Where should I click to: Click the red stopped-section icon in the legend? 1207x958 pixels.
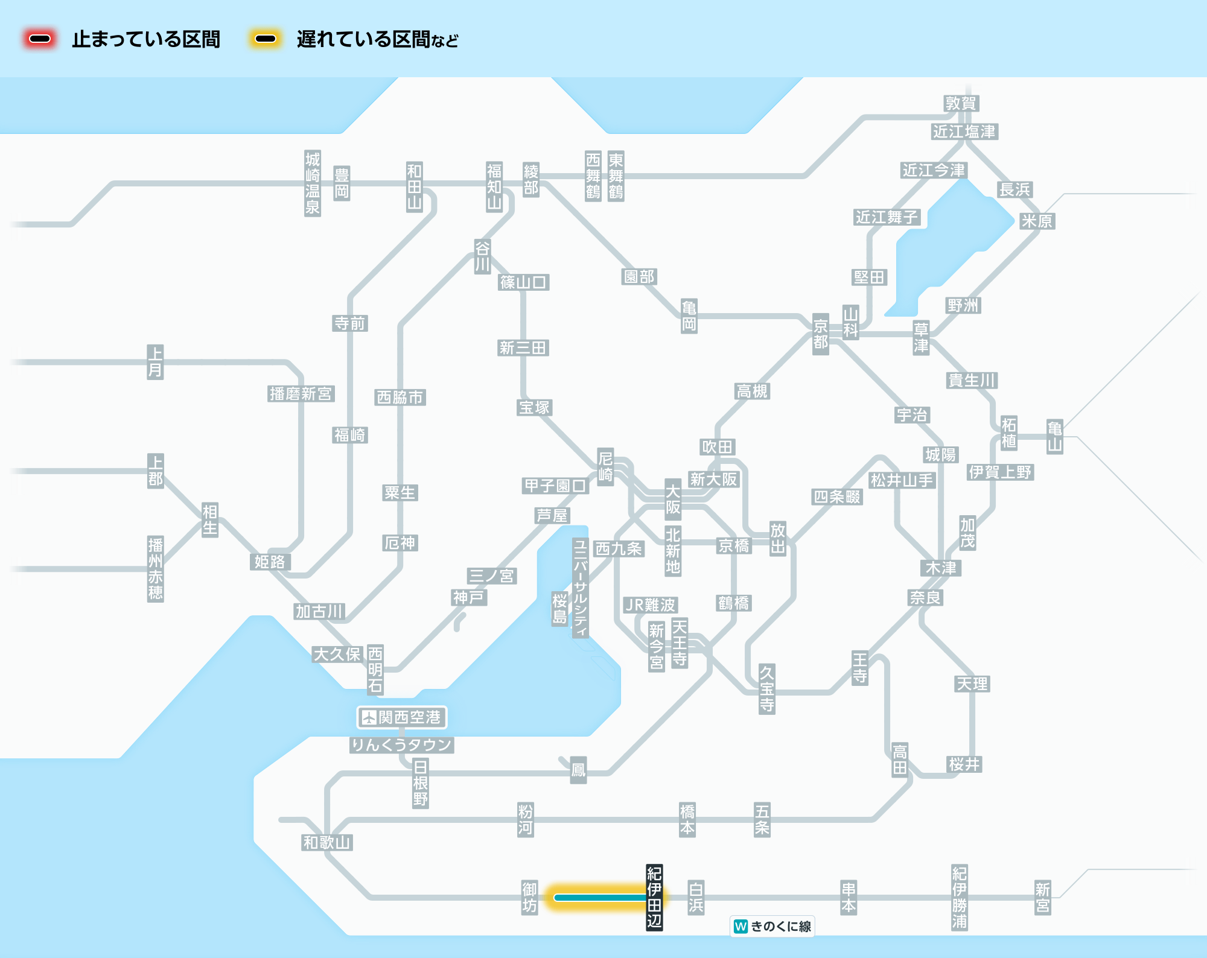(x=40, y=39)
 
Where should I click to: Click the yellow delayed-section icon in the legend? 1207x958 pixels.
(x=265, y=39)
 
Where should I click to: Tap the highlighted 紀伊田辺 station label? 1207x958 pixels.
(x=654, y=897)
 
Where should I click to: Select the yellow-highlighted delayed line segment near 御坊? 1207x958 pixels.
(x=597, y=898)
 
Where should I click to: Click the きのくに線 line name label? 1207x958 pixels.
(x=772, y=926)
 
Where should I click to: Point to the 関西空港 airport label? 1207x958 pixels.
(x=402, y=717)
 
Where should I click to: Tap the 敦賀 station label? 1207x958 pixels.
(x=961, y=104)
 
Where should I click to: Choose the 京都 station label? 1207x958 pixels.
(x=820, y=334)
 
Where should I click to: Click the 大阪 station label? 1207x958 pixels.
(x=673, y=500)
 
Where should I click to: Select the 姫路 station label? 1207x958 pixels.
(x=270, y=562)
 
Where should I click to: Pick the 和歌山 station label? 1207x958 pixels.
(x=326, y=842)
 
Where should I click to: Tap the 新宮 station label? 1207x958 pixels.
(x=1042, y=898)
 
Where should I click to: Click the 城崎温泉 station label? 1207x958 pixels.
(x=313, y=183)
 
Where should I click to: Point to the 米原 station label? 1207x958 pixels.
(x=1037, y=221)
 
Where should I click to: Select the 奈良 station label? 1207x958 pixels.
(x=925, y=598)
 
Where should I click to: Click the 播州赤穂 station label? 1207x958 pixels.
(x=156, y=569)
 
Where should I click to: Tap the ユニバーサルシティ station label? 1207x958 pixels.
(x=580, y=588)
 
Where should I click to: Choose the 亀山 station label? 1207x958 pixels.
(x=1054, y=437)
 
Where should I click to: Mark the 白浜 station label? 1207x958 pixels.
(x=696, y=898)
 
